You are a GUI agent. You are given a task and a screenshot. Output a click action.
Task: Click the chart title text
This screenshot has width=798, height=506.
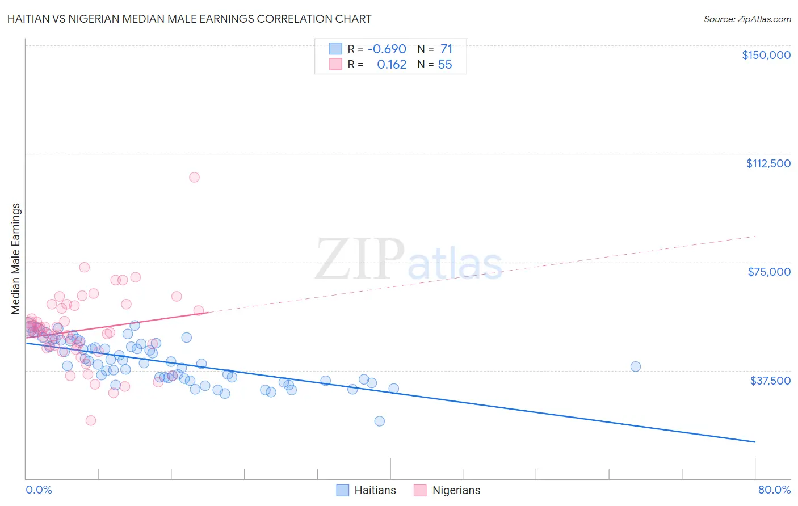190,19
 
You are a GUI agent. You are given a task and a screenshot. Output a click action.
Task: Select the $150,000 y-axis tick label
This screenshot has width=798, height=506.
766,55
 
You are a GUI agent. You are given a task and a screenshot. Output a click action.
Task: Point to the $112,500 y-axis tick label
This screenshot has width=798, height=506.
768,163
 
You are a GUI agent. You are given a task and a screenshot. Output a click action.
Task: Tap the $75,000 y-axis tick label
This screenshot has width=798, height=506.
769,272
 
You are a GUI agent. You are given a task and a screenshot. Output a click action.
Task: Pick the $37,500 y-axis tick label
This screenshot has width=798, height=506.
770,381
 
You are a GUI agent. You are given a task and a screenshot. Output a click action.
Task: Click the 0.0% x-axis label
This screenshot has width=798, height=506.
39,490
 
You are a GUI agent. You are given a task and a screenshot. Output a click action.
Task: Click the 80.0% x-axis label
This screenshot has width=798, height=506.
774,490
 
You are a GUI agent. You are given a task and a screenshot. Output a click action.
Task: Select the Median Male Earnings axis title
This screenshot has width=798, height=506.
16,259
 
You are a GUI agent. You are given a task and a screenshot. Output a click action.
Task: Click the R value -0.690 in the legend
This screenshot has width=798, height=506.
387,49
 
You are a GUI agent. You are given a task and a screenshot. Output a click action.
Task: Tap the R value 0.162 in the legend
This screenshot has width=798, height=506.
392,65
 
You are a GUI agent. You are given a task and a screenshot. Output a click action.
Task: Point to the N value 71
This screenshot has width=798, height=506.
446,49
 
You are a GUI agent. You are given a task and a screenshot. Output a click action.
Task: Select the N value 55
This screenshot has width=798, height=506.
445,65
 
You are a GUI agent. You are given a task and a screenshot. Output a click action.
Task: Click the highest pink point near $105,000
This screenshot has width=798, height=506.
194,177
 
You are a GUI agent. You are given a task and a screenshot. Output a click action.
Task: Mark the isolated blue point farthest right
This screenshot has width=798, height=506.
636,366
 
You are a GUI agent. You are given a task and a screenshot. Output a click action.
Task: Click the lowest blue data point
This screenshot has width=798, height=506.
380,421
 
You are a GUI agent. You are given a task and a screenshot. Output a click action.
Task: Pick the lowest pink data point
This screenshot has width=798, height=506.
91,420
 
